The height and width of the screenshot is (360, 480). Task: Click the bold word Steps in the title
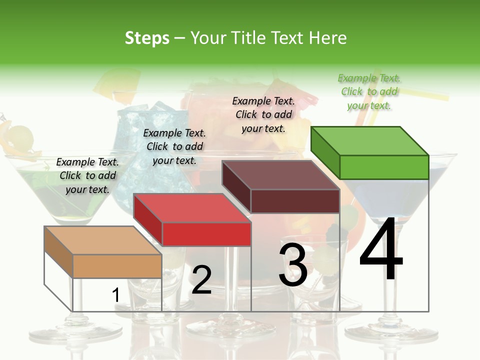click(147, 38)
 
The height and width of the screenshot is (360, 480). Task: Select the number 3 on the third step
click(293, 265)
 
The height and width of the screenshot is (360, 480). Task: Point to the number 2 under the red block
click(201, 280)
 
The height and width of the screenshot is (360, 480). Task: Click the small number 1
click(116, 295)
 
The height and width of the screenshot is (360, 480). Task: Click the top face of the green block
click(370, 141)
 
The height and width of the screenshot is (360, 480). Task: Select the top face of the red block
click(192, 208)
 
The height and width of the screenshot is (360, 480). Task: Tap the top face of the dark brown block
click(281, 175)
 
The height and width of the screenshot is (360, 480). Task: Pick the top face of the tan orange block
click(102, 240)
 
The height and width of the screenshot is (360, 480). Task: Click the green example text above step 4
click(369, 92)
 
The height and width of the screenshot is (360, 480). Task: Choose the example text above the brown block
click(263, 114)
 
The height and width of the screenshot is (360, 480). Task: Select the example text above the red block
click(174, 146)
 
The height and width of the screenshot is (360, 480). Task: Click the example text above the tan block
click(87, 175)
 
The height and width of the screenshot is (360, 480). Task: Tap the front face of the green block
click(384, 167)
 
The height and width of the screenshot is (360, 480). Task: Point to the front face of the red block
click(206, 234)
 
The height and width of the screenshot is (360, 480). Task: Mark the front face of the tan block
click(117, 266)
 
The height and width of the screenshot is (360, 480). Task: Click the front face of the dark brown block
click(295, 201)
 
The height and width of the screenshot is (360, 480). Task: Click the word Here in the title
click(328, 38)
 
